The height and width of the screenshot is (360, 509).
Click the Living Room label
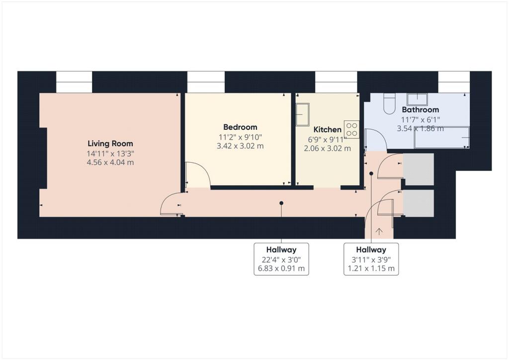pyautogui.click(x=110, y=144)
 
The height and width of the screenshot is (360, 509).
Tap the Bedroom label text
pyautogui.click(x=240, y=127)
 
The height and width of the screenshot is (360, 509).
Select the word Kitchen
pyautogui.click(x=327, y=129)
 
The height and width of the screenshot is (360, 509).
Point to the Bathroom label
pyautogui.click(x=420, y=110)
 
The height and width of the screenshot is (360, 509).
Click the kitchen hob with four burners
pyautogui.click(x=352, y=129)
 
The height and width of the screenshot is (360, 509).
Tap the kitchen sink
pyautogui.click(x=303, y=114)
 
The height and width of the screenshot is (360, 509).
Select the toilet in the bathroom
pyautogui.click(x=389, y=103)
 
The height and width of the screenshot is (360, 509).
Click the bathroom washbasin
pyautogui.click(x=418, y=99)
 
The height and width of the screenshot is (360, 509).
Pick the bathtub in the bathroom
pyautogui.click(x=442, y=137)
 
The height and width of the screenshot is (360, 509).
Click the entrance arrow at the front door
pyautogui.click(x=379, y=231)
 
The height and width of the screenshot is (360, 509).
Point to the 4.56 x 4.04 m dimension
pyautogui.click(x=110, y=162)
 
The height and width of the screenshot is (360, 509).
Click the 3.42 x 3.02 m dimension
pyautogui.click(x=240, y=146)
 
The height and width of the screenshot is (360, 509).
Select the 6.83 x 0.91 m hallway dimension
pyautogui.click(x=281, y=269)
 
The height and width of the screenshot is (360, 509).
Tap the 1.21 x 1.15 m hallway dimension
pyautogui.click(x=371, y=269)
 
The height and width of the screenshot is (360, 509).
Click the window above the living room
pyautogui.click(x=75, y=82)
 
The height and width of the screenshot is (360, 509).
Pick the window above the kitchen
pyautogui.click(x=336, y=82)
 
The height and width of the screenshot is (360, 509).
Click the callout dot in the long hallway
pyautogui.click(x=281, y=203)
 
